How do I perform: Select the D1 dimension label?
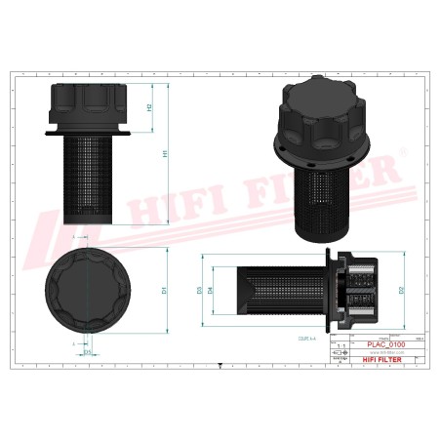click(x=167, y=290)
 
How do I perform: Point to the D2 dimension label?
click(x=400, y=290)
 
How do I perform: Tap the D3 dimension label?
click(x=200, y=290)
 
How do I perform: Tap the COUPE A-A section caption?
click(x=294, y=335)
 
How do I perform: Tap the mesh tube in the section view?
click(x=273, y=290)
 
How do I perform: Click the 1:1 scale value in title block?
click(x=341, y=346)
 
